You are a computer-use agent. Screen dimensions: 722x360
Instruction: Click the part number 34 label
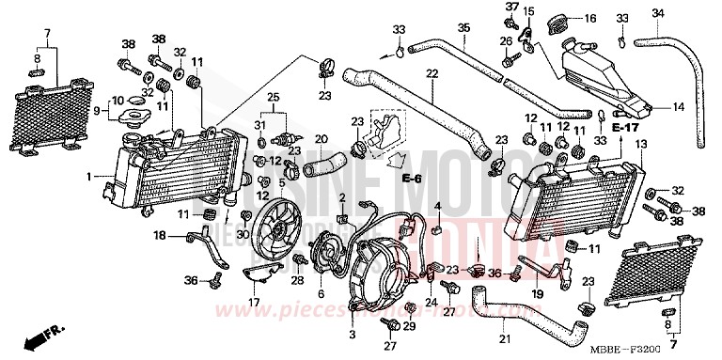[x=658, y=12]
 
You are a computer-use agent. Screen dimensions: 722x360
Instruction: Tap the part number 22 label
[x=432, y=73]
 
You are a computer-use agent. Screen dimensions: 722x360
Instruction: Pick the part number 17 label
[x=253, y=302]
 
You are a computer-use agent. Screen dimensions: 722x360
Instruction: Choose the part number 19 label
[x=537, y=294]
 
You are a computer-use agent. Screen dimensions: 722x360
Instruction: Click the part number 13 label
[x=641, y=144]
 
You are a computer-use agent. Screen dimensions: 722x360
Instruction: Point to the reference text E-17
[x=624, y=126]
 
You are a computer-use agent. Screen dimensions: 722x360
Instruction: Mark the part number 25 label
[x=275, y=98]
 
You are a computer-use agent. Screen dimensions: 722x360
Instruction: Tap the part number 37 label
[x=511, y=8]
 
